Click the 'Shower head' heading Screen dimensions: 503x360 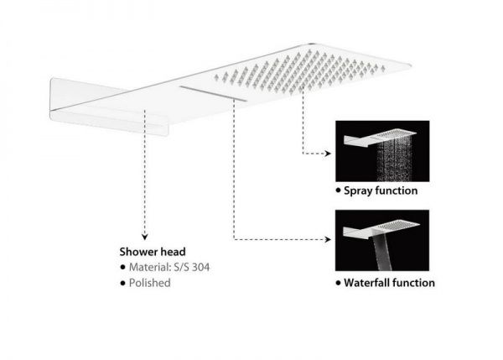(x=153, y=252)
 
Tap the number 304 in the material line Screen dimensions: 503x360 (x=201, y=267)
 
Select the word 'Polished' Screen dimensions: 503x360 (x=149, y=283)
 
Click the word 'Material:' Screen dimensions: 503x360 (x=149, y=267)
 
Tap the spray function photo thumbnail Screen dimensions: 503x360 (x=382, y=151)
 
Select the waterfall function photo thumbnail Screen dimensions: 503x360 (x=382, y=241)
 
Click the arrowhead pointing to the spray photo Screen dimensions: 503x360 (x=328, y=154)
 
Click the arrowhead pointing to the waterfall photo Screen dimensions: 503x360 (x=328, y=239)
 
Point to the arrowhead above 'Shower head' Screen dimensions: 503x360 (x=145, y=237)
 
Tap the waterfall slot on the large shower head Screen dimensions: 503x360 (x=213, y=93)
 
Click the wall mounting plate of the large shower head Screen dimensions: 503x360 (x=108, y=107)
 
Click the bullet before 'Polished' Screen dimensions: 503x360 (x=122, y=284)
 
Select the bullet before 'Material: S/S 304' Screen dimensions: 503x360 (x=122, y=267)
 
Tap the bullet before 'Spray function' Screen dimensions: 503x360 (x=338, y=190)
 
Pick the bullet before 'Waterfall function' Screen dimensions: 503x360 (x=338, y=283)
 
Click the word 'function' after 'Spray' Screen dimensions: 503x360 (x=397, y=190)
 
